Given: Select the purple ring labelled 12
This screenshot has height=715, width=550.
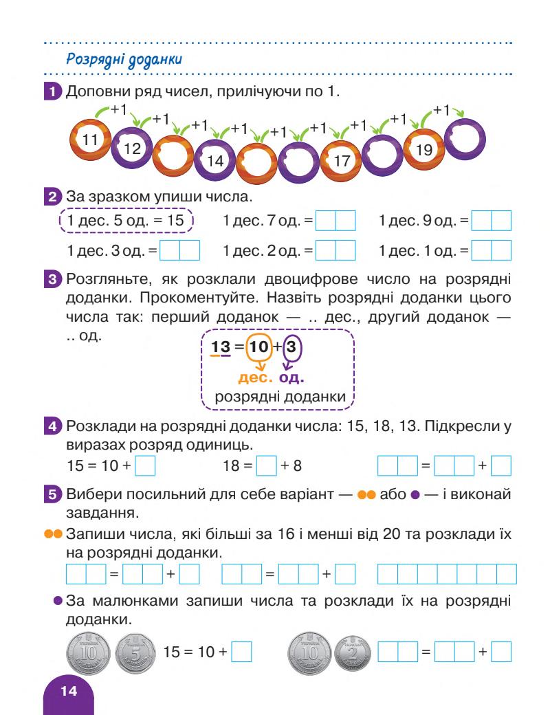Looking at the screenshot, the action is (131, 146).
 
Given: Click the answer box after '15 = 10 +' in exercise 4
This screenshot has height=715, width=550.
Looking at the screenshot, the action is (145, 465).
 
